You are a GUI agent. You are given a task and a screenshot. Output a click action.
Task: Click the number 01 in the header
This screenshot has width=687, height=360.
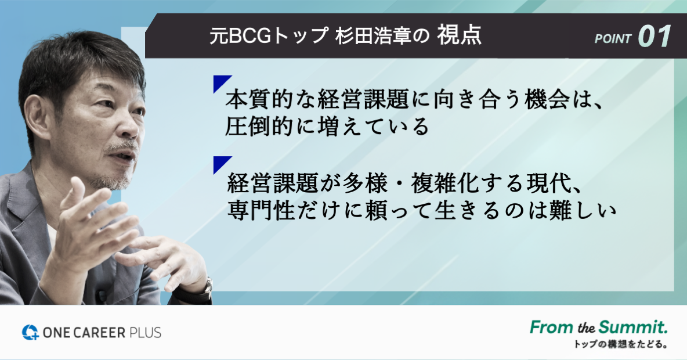tap(655, 36)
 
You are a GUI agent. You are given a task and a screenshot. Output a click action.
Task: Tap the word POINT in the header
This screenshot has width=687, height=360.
tap(613, 39)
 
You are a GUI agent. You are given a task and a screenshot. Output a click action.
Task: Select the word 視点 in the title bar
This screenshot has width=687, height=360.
tap(460, 35)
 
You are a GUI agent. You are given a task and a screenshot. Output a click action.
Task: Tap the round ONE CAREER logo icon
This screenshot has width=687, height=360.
tap(30, 332)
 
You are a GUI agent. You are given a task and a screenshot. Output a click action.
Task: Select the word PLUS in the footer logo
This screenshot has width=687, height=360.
tap(145, 333)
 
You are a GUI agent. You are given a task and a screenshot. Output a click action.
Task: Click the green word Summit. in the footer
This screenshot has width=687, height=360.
tap(633, 327)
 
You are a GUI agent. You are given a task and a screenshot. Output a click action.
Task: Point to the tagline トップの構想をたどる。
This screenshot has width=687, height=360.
tap(621, 344)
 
